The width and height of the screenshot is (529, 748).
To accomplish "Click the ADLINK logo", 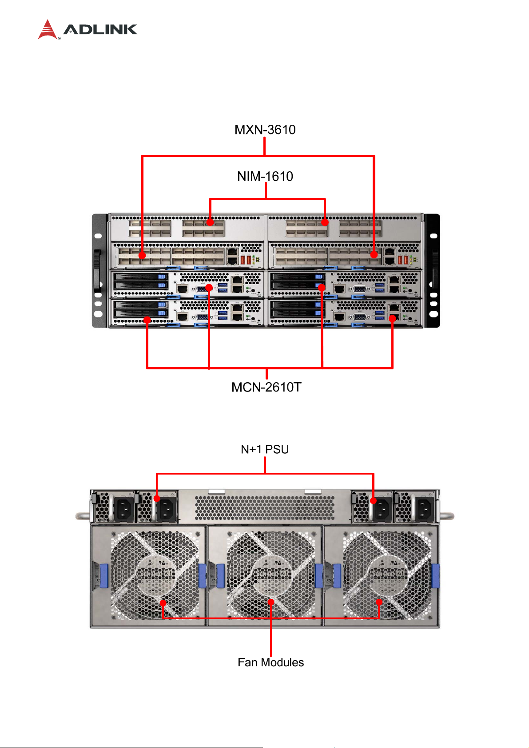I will coord(88,30).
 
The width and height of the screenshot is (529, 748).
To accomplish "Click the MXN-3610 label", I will coord(265,130).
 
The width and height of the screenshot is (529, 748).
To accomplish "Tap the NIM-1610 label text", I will coord(265,176).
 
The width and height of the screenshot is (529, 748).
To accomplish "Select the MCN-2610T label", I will coord(266,387).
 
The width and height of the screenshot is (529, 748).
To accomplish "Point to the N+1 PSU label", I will coord(265,449).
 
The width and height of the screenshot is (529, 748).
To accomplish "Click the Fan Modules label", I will coord(270,662).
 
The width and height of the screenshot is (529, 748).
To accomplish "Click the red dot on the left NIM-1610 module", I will coord(210,222).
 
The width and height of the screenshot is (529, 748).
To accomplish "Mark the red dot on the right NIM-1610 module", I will coord(325,222).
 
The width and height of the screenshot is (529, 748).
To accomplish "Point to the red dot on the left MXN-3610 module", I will coord(142,255).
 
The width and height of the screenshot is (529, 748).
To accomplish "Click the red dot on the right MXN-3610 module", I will coord(374,255).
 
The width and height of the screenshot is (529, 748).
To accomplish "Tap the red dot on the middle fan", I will coord(271,602).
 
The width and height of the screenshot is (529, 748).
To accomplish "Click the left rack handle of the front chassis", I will coord(97,271).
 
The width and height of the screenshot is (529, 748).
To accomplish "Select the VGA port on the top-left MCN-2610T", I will coord(202,289).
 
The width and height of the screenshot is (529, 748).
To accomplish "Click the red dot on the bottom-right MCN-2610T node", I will coord(392,318).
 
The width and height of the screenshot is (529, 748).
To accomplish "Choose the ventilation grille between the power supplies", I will coord(265,507).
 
